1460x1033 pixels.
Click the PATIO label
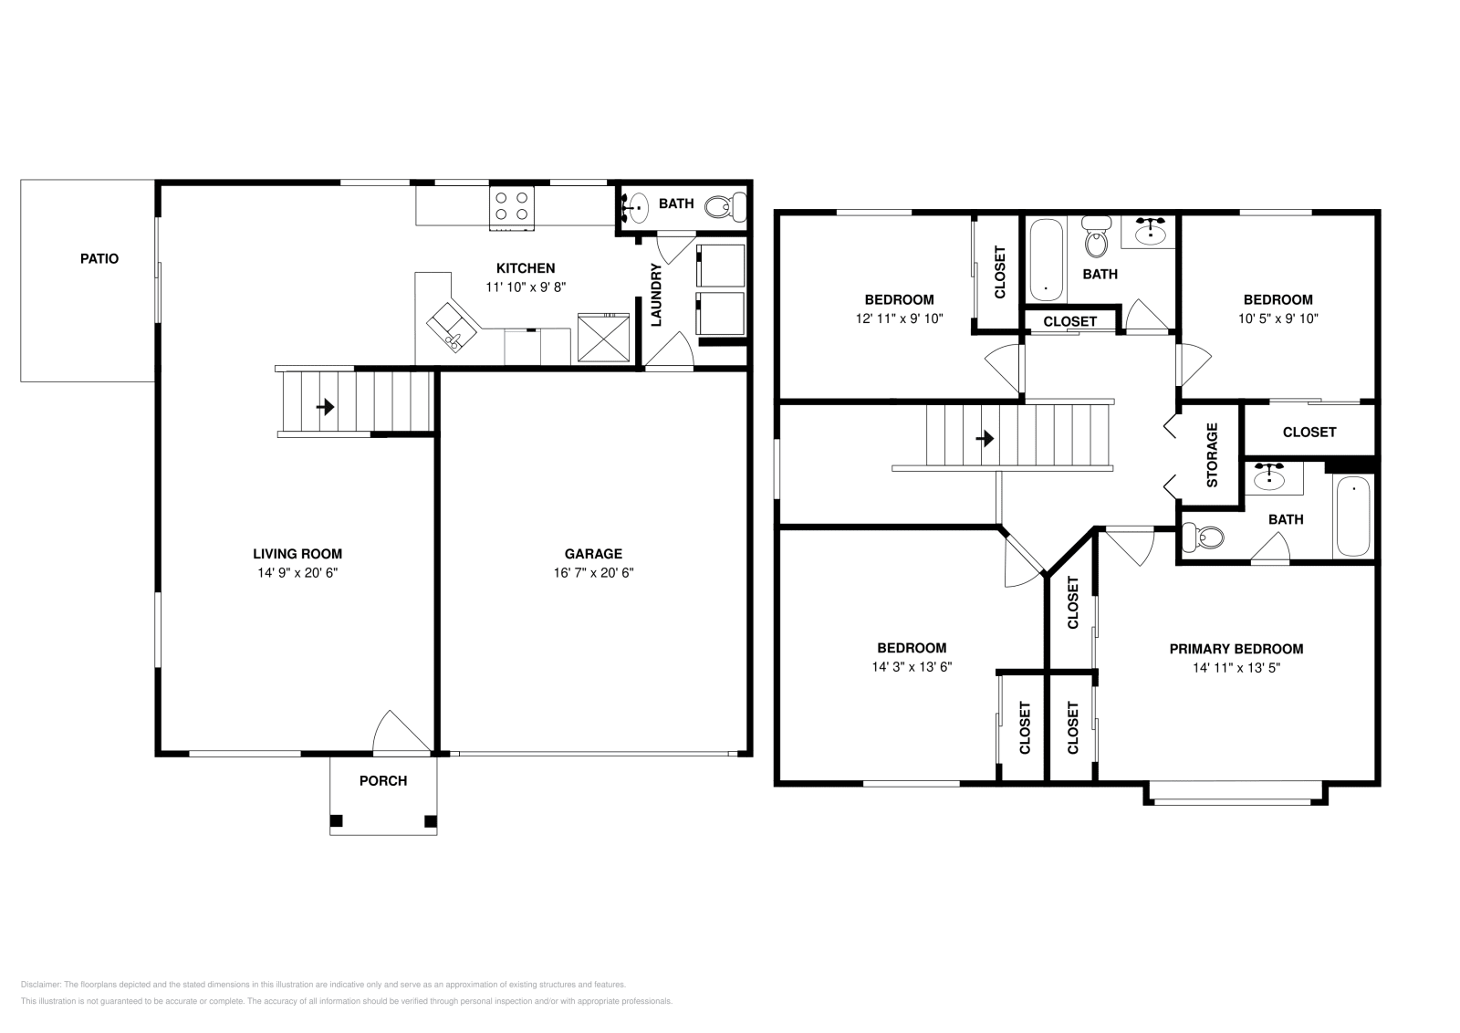click(x=99, y=259)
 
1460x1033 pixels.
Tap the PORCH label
click(x=383, y=781)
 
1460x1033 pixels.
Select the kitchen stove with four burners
click(x=512, y=205)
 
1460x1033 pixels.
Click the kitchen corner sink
click(x=454, y=326)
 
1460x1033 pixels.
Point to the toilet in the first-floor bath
click(x=726, y=206)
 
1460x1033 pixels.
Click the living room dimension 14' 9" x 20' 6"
click(x=297, y=573)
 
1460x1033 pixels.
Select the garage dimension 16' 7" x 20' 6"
click(x=593, y=573)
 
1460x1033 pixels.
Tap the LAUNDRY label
click(x=655, y=295)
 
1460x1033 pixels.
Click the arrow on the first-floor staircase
click(x=325, y=407)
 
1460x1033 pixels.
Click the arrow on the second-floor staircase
click(x=984, y=439)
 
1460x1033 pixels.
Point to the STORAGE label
click(x=1212, y=455)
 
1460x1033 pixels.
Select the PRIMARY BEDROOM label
click(x=1236, y=650)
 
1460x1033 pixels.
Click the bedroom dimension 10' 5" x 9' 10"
click(x=1277, y=318)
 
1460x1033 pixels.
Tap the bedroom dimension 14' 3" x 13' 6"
click(x=912, y=667)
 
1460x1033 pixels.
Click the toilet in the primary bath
click(x=1202, y=538)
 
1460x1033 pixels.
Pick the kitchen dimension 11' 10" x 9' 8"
click(x=525, y=287)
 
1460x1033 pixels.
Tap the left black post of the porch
click(x=336, y=820)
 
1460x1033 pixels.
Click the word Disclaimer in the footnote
click(x=39, y=985)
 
